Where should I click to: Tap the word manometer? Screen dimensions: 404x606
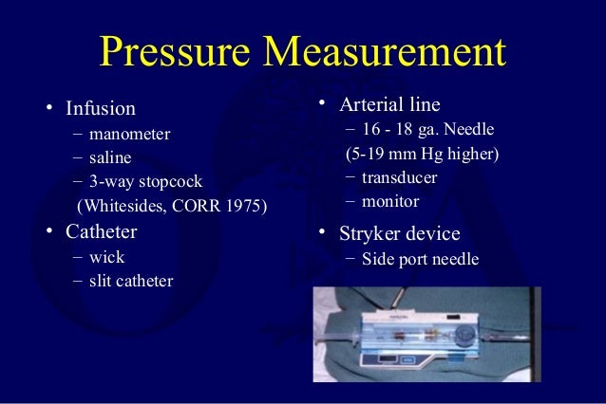(x=130, y=134)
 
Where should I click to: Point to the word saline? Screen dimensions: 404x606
(x=111, y=156)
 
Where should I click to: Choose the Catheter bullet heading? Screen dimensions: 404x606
(x=101, y=232)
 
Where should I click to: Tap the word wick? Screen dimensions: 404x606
(x=106, y=257)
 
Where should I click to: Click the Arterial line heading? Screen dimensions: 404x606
(x=393, y=103)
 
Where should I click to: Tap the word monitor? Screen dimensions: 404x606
(x=389, y=201)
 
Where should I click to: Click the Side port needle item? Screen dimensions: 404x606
(x=421, y=259)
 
